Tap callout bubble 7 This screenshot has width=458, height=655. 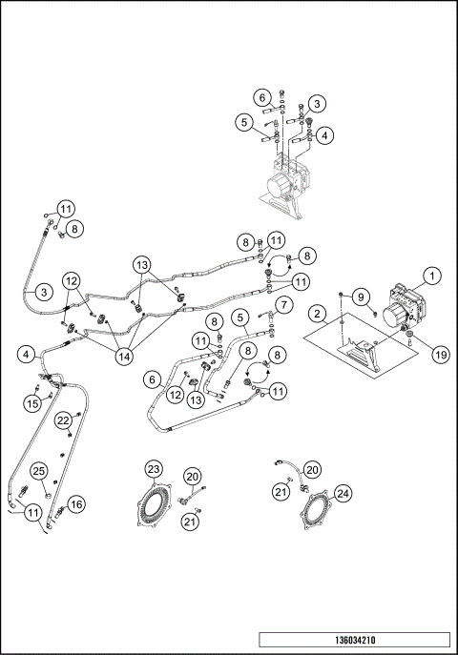[x=282, y=306]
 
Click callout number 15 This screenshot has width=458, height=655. [x=32, y=404]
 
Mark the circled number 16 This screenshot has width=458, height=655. [x=77, y=502]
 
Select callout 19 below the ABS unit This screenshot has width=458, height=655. [x=414, y=353]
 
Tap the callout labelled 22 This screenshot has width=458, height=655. [x=62, y=420]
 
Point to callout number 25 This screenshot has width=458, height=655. [x=39, y=471]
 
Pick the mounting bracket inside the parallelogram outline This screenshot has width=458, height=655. [x=362, y=354]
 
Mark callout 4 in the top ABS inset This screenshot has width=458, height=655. [x=326, y=135]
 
